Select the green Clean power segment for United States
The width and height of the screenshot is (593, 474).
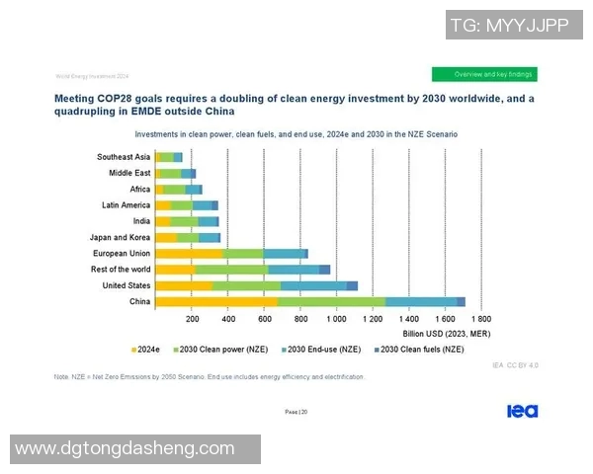coord(246,285)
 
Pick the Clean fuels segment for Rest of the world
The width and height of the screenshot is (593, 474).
coord(324,270)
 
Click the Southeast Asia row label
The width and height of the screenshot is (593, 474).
coord(124,157)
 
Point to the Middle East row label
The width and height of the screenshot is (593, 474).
coord(129,173)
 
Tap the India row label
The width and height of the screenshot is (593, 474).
coord(141,221)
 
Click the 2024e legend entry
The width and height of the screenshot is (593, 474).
coord(145,350)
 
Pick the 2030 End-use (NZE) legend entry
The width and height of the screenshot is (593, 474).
coord(321,350)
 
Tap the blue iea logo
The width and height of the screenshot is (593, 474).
coord(522,411)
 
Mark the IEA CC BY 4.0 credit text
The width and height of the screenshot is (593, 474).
coord(515,365)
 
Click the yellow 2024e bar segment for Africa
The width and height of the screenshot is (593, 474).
coord(159,189)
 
